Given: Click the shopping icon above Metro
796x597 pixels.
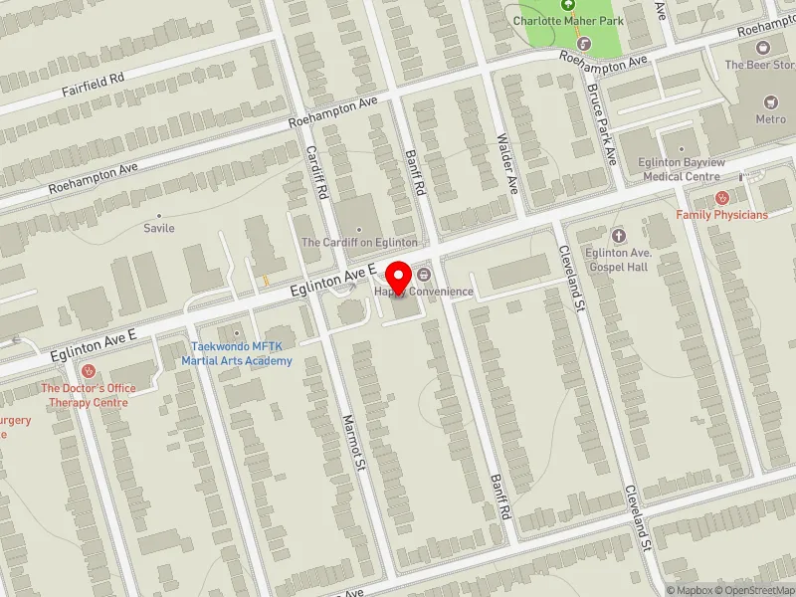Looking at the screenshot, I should coord(769,101).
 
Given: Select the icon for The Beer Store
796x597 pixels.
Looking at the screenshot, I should coord(763,47).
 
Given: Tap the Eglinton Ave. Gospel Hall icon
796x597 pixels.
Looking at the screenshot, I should coord(619,235).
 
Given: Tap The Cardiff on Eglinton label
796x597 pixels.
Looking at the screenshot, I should coord(359,242).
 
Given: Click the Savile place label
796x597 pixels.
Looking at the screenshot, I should coord(159,228).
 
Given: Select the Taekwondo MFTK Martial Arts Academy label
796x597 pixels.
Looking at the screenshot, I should coord(237,352).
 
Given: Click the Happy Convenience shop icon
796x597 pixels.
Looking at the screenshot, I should coord(425,274).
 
